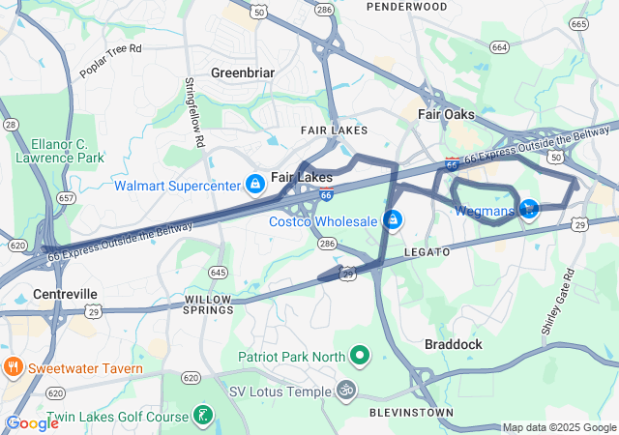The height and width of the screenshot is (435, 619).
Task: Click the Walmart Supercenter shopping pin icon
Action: [254, 183]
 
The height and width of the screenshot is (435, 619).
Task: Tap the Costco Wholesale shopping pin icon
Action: [393, 220]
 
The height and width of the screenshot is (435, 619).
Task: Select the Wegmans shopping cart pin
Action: [528, 208]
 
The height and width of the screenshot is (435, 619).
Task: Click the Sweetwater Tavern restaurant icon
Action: [14, 367]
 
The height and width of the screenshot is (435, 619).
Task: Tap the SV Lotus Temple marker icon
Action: [345, 391]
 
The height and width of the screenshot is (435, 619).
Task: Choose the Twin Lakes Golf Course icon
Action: [202, 415]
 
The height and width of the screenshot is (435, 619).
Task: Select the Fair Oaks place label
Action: [446, 114]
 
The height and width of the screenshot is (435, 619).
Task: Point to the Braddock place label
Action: [454, 343]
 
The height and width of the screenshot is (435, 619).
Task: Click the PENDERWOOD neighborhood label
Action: [406, 7]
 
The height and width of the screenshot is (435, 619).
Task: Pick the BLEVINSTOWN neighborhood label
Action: [411, 413]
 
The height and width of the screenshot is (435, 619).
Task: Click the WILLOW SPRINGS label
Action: [209, 304]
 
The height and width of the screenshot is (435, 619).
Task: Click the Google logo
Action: [32, 423]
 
